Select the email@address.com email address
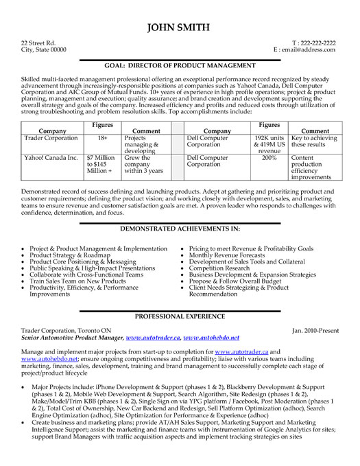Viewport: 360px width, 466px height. [x=306, y=50]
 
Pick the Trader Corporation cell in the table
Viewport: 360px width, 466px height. [x=52, y=138]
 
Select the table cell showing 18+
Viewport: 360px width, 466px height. [x=101, y=138]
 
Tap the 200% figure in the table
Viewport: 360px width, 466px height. [x=269, y=157]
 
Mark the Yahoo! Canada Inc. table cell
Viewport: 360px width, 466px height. [x=51, y=157]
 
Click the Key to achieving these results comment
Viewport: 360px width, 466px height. [x=314, y=141]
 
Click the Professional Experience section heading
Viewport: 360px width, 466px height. [x=180, y=316]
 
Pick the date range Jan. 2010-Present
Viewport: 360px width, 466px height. [x=315, y=330]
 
